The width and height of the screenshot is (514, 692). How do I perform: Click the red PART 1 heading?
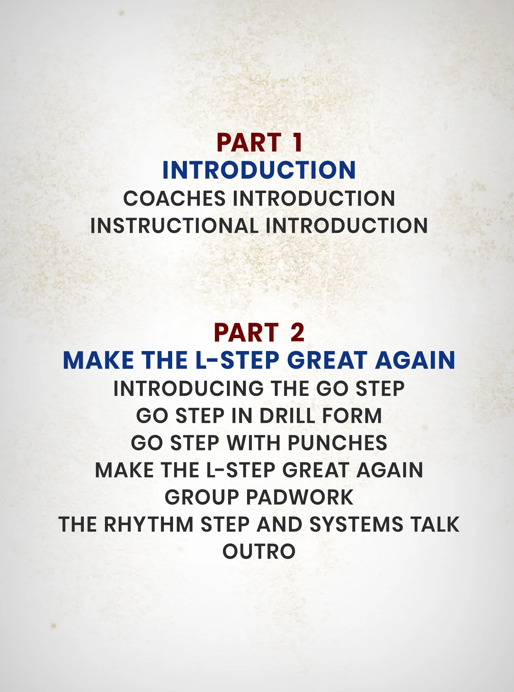pos(259,143)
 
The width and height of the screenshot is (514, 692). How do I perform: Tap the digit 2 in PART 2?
pos(297,332)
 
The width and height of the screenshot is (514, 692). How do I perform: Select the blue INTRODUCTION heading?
pos(259,170)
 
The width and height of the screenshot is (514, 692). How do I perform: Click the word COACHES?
pos(174,198)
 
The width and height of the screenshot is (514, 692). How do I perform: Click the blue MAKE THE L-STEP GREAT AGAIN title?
pos(259,360)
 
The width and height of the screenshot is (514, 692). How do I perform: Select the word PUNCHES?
pos(338,443)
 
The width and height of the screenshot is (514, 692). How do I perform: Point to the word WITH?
pos(254,443)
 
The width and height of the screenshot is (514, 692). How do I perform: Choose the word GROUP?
pos(202,497)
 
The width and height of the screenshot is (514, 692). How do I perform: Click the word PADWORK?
pos(300,497)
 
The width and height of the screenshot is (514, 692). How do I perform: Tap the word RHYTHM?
pos(148,525)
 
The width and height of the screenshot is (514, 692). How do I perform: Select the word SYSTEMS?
pos(356,525)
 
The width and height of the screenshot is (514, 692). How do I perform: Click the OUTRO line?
pos(259,552)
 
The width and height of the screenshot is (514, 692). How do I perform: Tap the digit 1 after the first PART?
pos(298,143)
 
